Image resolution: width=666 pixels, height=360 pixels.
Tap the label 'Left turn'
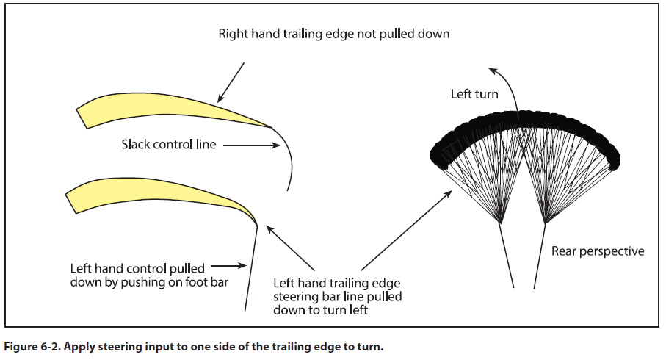[x=474, y=94]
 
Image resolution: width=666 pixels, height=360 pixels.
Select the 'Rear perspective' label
[x=598, y=251]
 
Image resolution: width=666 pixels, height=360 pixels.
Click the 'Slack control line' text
[x=169, y=145]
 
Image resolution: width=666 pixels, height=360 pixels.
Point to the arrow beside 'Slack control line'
[x=250, y=145]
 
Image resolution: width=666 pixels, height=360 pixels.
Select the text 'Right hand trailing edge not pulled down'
[x=333, y=34]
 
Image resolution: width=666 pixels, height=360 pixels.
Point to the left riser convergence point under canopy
[x=501, y=223]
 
